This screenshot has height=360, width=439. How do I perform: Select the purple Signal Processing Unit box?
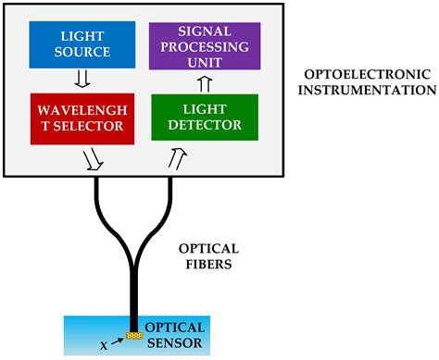pos(205,45)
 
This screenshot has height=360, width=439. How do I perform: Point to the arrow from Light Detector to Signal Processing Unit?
pos(205,81)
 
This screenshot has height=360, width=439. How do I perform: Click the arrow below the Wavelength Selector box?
pos(94,160)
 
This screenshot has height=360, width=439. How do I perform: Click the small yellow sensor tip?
pos(133,335)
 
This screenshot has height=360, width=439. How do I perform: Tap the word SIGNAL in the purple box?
pos(205,31)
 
